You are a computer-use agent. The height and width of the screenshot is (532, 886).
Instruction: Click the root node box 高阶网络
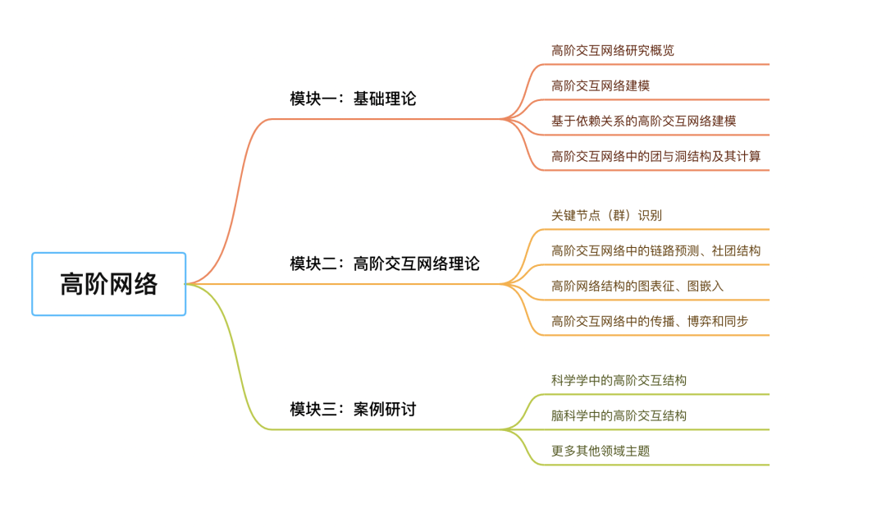109,284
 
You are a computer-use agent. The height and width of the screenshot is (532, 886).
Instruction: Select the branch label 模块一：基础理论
353,99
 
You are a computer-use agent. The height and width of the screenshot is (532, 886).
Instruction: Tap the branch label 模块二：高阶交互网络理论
385,264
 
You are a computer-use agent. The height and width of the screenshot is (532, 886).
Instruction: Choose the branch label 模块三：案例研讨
353,409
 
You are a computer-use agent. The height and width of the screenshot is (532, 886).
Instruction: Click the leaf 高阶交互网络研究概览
613,50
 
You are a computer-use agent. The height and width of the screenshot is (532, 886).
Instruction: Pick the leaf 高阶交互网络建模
601,85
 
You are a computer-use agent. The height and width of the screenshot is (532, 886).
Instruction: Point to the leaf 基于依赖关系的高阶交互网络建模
643,121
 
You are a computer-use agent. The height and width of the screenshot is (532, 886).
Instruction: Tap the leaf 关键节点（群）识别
606,216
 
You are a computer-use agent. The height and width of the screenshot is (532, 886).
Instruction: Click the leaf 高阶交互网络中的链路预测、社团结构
655,251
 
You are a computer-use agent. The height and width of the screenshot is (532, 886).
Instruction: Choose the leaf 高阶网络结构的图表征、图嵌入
637,286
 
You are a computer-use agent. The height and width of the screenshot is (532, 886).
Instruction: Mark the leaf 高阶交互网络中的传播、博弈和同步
650,321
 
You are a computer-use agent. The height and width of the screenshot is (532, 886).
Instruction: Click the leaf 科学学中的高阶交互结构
619,381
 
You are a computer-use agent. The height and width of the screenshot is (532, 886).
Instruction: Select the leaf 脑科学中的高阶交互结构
619,415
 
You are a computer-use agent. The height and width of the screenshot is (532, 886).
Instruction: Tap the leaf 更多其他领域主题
601,451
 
